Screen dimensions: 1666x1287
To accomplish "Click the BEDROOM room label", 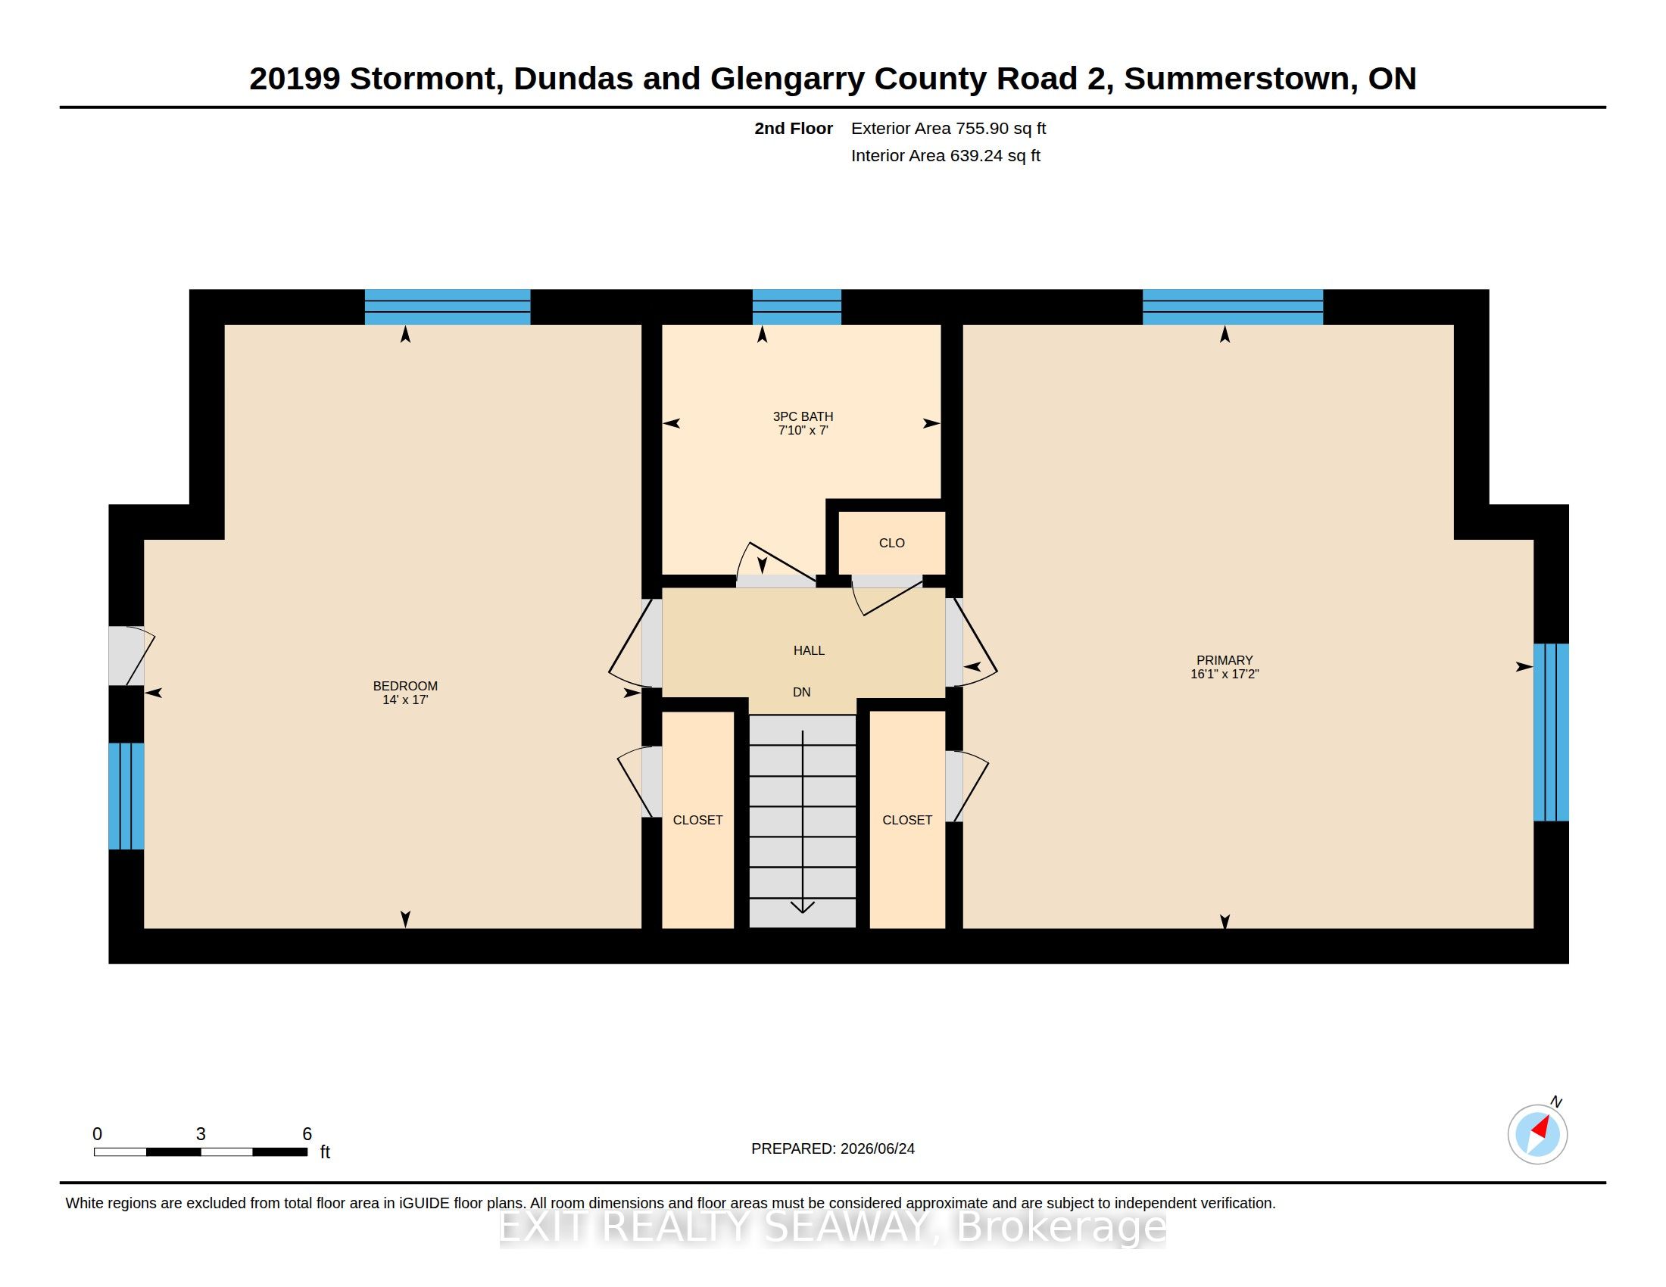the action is (405, 685).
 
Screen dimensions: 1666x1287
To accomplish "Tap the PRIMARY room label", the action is (1225, 660).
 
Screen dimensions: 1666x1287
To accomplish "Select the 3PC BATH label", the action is (803, 416).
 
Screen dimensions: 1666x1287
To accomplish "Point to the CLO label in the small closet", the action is (892, 543).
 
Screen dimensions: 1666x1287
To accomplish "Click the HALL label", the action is (809, 650).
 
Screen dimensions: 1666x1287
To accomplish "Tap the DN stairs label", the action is (802, 692).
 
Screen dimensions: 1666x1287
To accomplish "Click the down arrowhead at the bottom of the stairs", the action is (803, 906).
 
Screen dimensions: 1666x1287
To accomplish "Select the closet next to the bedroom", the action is (698, 820).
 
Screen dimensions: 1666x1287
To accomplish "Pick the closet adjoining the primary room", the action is (908, 820).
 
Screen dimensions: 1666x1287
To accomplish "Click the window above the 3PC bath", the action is (797, 307).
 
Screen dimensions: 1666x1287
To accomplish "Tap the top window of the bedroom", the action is (448, 307).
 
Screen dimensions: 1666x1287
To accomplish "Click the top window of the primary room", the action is (1233, 307).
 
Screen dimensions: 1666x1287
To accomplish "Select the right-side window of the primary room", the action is (1552, 732).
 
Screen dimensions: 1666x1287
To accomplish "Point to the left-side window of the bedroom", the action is (126, 796).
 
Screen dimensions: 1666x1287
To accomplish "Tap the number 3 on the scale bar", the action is (201, 1134).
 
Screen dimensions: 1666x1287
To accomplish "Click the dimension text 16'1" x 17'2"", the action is (1225, 674).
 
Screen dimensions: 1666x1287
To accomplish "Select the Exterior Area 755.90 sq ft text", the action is (948, 128).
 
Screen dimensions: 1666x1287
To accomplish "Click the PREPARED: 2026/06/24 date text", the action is (833, 1148).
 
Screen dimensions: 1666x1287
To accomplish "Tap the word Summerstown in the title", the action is (1240, 79).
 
